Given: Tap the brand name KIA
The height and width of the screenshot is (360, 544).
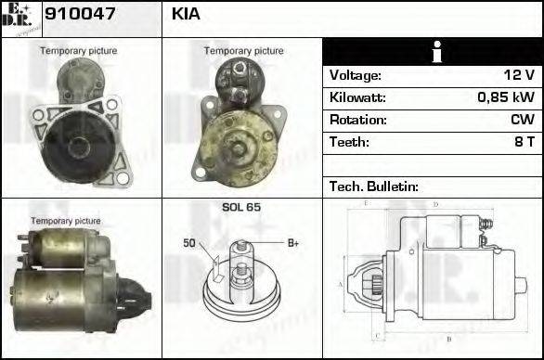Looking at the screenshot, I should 186,15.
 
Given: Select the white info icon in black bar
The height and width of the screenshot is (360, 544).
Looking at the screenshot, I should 433,52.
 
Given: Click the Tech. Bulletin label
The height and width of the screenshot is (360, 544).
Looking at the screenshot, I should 374,186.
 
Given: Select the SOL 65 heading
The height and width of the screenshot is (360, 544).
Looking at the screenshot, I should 240,208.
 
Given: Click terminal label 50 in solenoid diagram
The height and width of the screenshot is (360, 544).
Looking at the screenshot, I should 188,243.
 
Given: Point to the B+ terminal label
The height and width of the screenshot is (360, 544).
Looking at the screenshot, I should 292,243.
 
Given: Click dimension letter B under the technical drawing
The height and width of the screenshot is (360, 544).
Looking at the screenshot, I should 448,340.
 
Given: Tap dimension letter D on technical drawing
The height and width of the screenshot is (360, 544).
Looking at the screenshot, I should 435,203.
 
